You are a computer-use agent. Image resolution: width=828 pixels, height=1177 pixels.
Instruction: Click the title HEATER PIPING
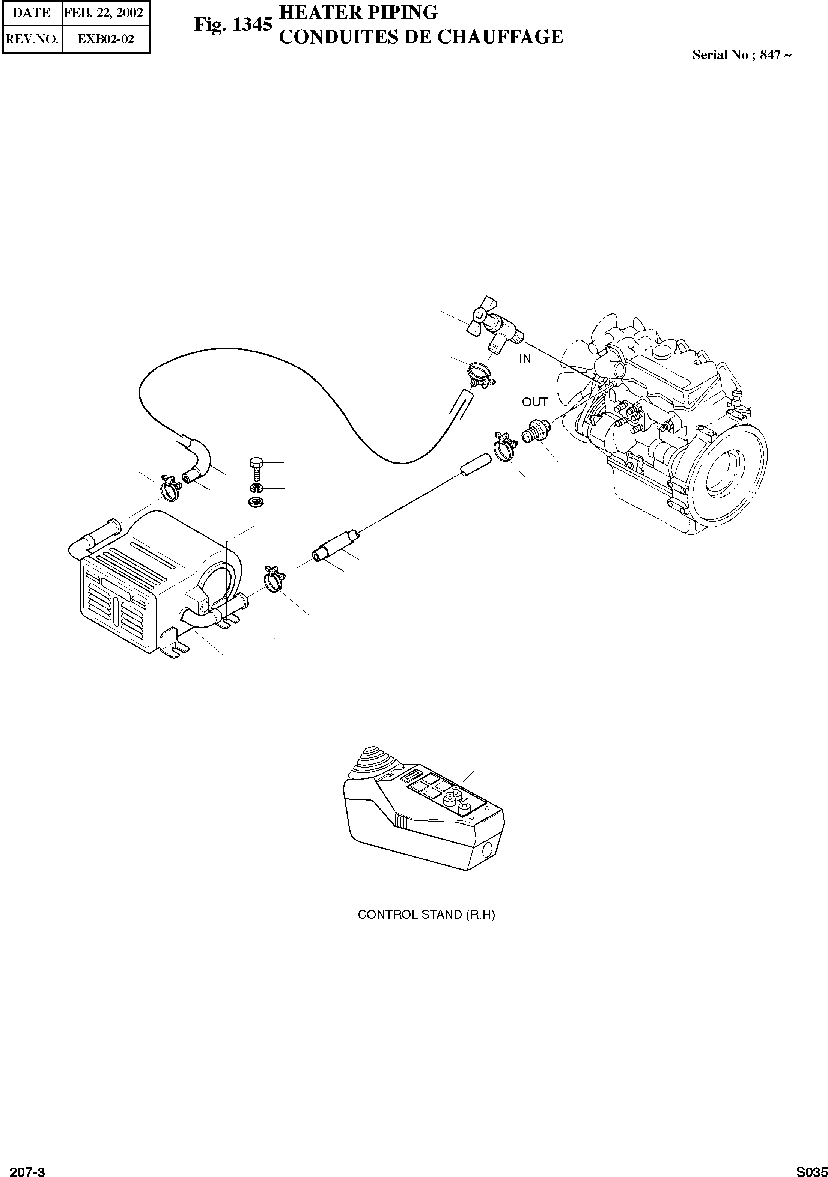[358, 12]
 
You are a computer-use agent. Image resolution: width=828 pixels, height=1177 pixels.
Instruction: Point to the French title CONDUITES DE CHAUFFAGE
[420, 36]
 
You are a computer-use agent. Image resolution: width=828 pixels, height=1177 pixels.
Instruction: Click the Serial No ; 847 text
[741, 55]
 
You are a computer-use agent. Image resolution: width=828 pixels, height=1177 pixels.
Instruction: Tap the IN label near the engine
[525, 359]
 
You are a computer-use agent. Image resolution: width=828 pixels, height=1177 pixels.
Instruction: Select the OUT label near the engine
[535, 402]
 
